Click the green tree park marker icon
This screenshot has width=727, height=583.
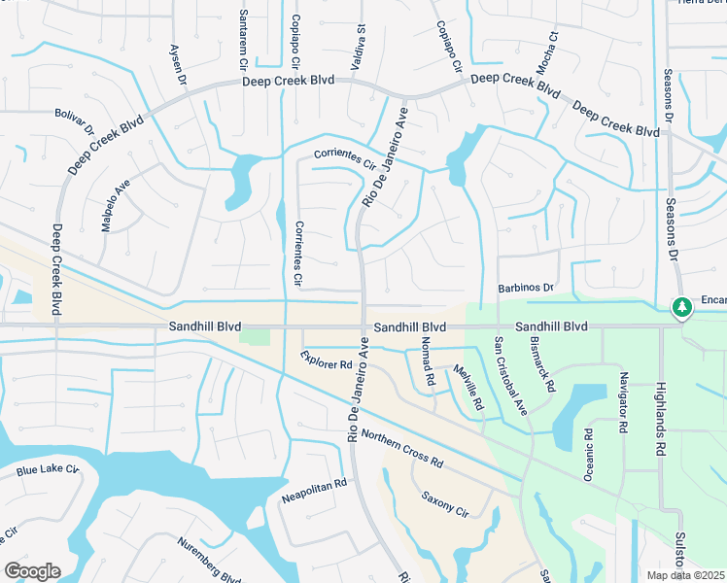[682, 308]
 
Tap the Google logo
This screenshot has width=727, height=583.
[32, 570]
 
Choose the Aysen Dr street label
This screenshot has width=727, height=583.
[177, 65]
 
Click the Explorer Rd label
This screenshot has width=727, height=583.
[326, 361]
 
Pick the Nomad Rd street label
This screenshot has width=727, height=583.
[426, 361]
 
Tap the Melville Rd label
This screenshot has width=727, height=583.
[468, 386]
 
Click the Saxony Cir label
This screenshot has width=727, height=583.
[444, 504]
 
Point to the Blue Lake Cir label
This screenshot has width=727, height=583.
[47, 471]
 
